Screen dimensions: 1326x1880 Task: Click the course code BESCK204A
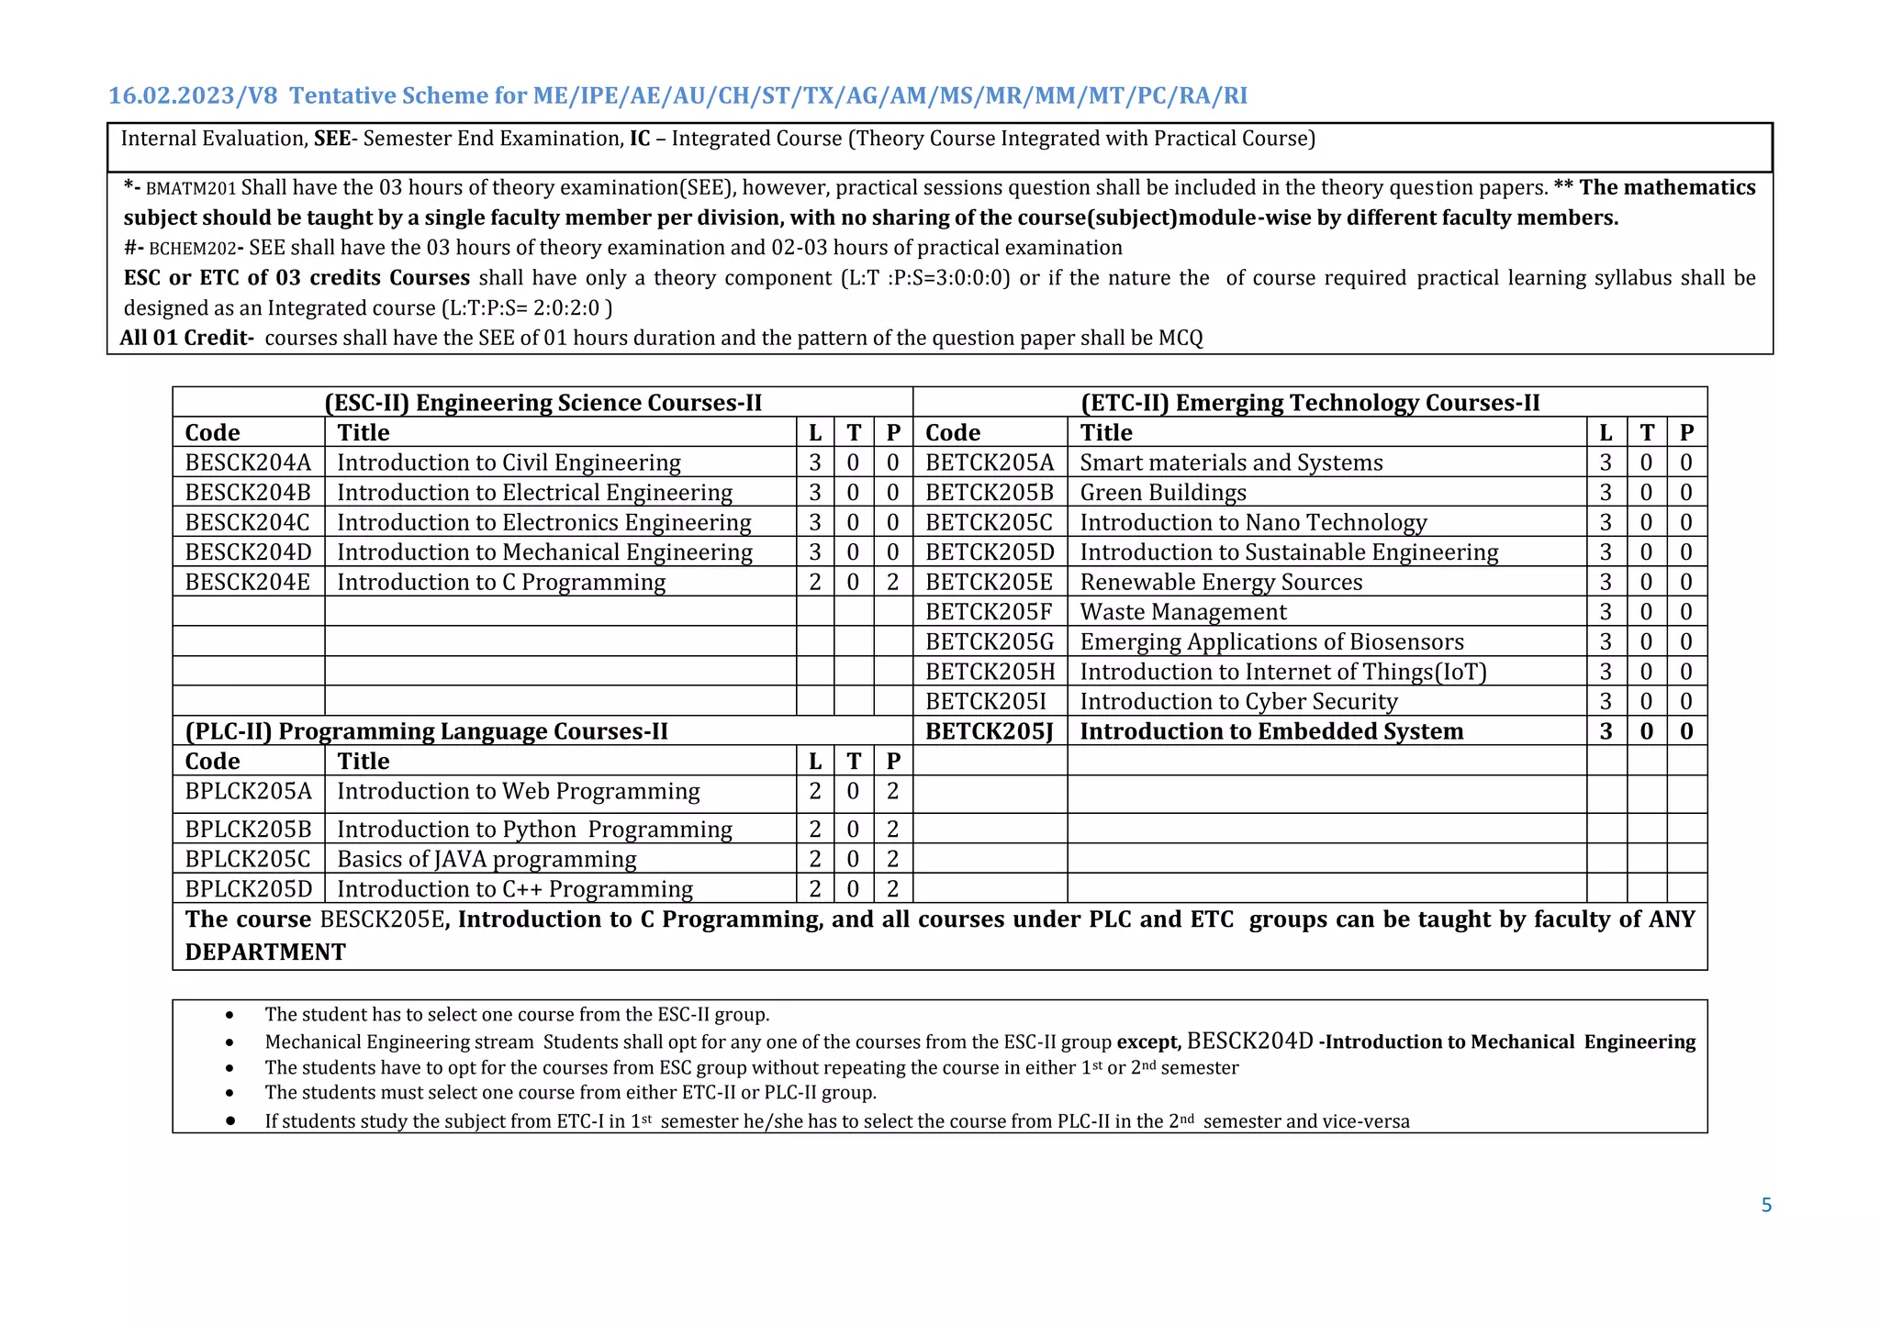[x=248, y=462]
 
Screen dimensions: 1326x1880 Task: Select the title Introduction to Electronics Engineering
[x=543, y=522]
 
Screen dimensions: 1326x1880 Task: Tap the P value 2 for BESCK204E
[x=892, y=582]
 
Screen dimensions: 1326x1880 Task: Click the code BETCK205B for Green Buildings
[x=989, y=493]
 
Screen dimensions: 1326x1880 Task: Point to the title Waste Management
[x=1182, y=612]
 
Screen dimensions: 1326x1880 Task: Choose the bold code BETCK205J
[x=989, y=731]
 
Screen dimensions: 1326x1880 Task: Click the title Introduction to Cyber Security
[x=1238, y=701]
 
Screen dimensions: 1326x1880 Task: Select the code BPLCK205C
[x=248, y=859]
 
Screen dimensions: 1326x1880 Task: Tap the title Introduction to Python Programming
[x=534, y=830]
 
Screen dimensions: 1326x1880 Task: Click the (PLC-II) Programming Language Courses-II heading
[x=426, y=731]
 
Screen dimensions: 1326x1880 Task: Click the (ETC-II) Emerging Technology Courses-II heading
[x=1309, y=403]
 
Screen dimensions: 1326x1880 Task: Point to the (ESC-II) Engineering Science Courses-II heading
[x=543, y=403]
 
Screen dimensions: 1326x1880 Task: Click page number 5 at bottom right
[x=1766, y=1205]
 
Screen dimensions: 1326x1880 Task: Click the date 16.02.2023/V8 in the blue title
[x=193, y=95]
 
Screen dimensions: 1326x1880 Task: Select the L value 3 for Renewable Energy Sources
[x=1605, y=582]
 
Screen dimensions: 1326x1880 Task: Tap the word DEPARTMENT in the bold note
[x=265, y=952]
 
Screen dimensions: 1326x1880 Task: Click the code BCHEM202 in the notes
[x=192, y=249]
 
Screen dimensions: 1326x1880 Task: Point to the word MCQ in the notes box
[x=1180, y=338]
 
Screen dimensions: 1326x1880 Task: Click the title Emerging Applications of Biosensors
[x=1271, y=641]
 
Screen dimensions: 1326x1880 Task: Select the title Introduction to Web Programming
[x=518, y=791]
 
